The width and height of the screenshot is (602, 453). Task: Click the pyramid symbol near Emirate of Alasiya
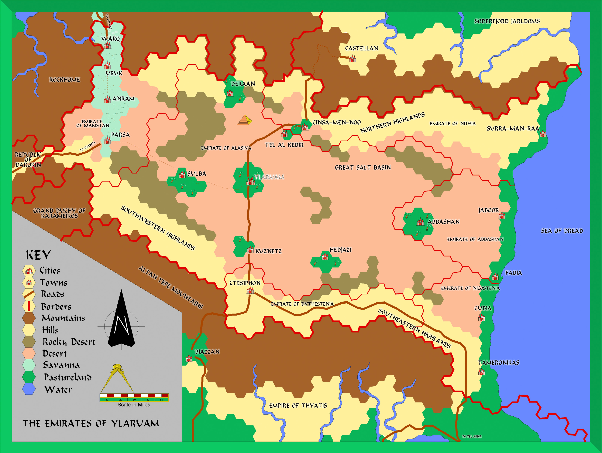coord(244,120)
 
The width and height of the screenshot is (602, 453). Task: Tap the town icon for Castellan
coord(352,59)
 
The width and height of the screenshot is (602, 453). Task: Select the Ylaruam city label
coord(269,177)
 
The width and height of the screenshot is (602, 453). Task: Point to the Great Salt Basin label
coord(363,167)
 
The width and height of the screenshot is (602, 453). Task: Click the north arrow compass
coord(121,319)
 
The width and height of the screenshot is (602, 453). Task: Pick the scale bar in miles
coord(134,397)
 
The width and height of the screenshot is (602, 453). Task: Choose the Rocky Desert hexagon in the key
coord(29,342)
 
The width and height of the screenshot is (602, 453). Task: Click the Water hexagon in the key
coord(29,389)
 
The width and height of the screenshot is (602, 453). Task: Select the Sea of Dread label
coord(562,231)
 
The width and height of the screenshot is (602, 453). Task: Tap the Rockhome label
coord(64,80)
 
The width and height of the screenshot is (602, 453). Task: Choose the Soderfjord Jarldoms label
coord(507,21)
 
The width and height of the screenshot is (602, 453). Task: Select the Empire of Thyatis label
coord(298,406)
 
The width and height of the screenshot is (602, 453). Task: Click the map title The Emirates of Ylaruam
coord(91,423)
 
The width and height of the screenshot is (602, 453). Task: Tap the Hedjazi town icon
coord(325,256)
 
